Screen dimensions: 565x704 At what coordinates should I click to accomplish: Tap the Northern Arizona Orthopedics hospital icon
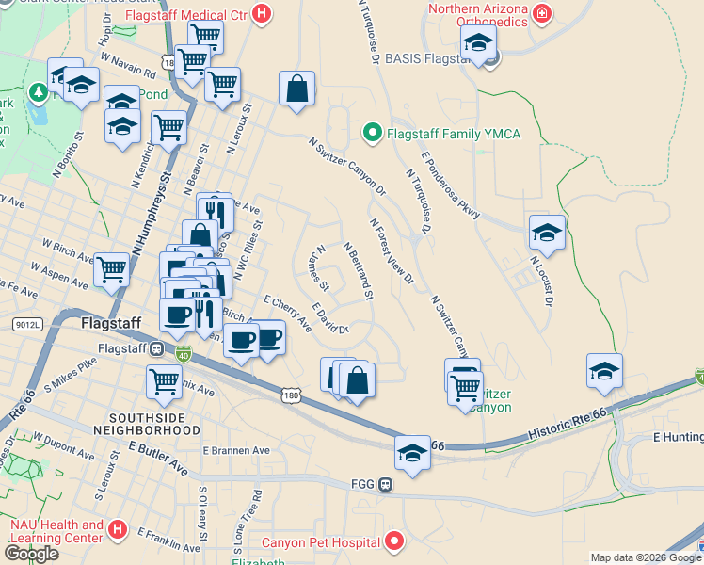tap(541, 13)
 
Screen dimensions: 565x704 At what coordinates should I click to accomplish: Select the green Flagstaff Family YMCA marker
tap(372, 134)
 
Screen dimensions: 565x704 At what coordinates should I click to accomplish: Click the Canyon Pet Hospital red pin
tap(395, 542)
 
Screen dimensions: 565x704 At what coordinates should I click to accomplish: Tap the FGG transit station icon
tap(385, 485)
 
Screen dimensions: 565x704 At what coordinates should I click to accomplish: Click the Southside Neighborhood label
tap(154, 423)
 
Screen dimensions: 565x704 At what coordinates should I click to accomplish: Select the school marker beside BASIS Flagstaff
tap(479, 43)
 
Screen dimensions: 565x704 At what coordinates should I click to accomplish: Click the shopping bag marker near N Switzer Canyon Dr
tap(296, 90)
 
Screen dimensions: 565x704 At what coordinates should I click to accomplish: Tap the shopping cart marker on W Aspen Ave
tap(111, 269)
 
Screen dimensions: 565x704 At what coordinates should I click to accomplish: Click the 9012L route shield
tap(28, 324)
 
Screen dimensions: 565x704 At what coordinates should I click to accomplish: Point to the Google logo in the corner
tap(31, 553)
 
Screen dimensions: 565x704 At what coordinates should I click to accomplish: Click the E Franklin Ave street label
tap(169, 541)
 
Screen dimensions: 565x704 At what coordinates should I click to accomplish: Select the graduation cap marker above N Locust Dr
tap(547, 231)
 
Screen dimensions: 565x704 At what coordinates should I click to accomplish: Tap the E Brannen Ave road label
tap(236, 451)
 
